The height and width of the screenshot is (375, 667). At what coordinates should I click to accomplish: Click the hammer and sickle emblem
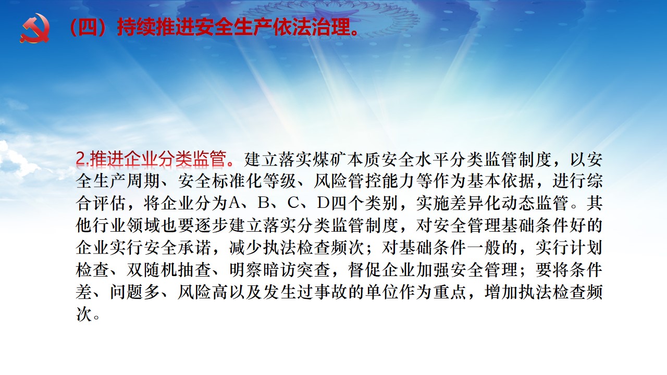(x=35, y=28)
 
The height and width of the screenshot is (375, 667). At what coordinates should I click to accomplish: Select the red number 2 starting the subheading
(x=81, y=159)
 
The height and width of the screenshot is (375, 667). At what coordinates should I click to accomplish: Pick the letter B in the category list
(x=264, y=203)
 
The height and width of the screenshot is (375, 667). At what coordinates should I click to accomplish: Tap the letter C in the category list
(x=293, y=203)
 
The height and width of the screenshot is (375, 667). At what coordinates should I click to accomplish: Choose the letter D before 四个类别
(x=323, y=203)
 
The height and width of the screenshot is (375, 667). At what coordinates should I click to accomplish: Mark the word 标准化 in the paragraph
(x=237, y=181)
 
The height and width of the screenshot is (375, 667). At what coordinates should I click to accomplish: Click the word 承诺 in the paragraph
(x=194, y=247)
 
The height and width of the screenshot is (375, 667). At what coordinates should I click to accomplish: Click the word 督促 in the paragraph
(x=364, y=270)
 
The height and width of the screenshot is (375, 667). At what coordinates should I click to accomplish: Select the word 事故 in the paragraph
(x=330, y=292)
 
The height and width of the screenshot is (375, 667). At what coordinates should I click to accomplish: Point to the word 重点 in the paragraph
(x=450, y=292)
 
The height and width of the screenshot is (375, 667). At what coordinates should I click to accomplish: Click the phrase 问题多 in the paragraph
(x=135, y=292)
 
